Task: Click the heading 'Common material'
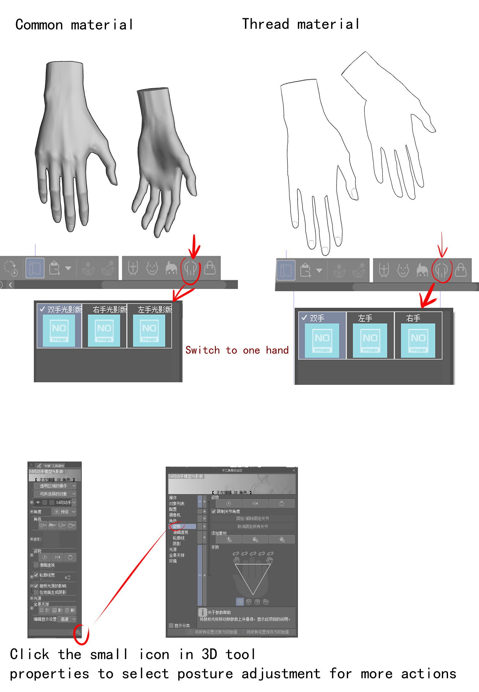(x=74, y=25)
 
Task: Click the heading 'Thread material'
(x=301, y=24)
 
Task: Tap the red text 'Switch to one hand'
(x=237, y=350)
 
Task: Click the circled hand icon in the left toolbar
(x=190, y=269)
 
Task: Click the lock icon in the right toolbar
(x=460, y=270)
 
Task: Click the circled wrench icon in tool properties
(x=78, y=632)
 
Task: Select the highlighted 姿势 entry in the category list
(x=177, y=526)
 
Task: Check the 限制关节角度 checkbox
(x=214, y=511)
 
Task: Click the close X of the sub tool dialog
(x=294, y=470)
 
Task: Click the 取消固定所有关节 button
(x=253, y=526)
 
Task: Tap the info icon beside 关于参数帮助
(x=202, y=612)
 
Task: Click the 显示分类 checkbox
(x=171, y=626)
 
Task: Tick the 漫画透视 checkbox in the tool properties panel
(x=36, y=565)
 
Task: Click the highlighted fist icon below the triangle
(x=240, y=602)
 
